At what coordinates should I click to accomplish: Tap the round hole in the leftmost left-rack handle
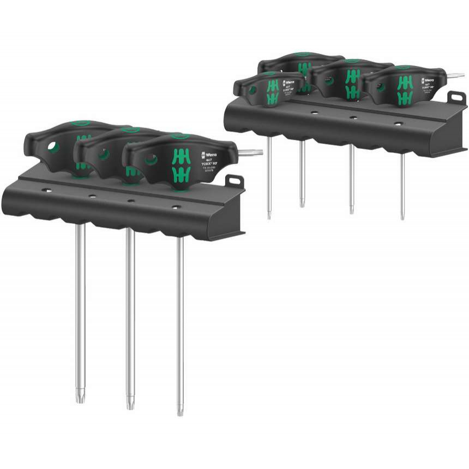[x=52, y=147]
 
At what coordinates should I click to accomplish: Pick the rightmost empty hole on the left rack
[x=176, y=207]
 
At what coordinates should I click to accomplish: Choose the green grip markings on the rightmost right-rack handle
[x=404, y=91]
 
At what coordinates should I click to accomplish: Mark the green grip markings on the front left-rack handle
[x=179, y=165]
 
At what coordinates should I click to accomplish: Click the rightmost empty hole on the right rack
[x=398, y=124]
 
